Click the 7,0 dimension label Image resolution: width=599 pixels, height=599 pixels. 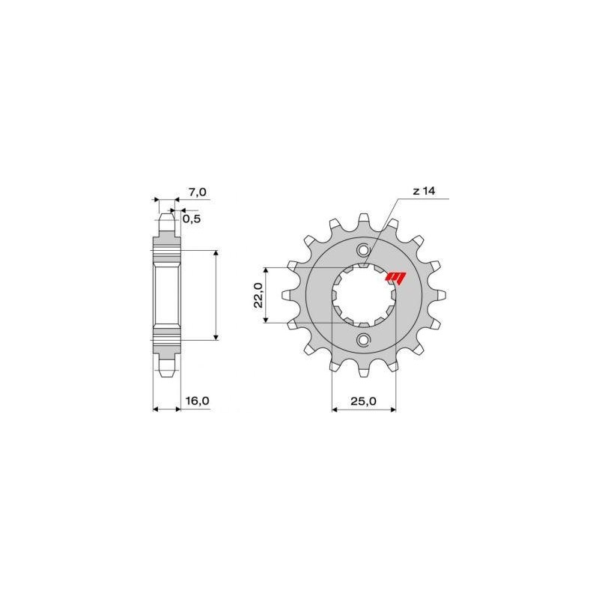tap(197, 192)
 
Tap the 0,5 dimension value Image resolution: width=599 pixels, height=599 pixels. tap(191, 219)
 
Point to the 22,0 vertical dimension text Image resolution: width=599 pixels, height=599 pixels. tap(258, 295)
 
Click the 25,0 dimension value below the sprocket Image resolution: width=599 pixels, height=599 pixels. tap(363, 401)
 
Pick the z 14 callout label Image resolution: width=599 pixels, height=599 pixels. tap(423, 192)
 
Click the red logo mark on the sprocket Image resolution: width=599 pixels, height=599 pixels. tap(394, 278)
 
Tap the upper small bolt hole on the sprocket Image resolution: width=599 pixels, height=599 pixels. tap(363, 249)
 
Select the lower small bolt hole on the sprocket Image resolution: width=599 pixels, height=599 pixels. tap(363, 341)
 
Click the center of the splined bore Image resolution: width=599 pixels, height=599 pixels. tap(363, 296)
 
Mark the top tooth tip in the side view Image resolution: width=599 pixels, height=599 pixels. tap(167, 218)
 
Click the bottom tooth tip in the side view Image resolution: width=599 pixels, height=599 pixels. tap(167, 373)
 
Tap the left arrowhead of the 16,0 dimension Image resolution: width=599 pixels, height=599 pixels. tap(155, 409)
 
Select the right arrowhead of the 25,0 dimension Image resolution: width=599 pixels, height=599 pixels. tap(394, 409)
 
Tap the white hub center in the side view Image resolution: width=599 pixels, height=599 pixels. tap(167, 295)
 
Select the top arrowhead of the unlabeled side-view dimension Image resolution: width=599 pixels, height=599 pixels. tap(216, 253)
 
